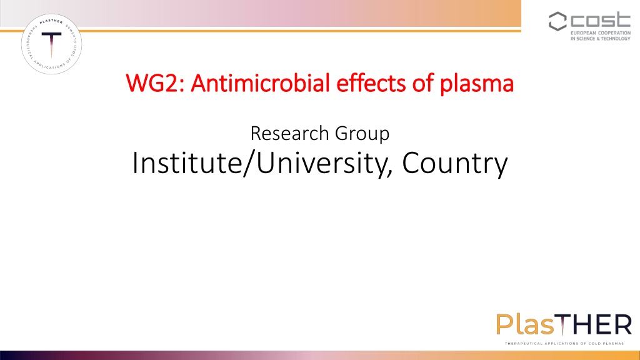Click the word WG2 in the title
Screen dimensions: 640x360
coord(155,83)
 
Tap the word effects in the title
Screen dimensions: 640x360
coord(371,83)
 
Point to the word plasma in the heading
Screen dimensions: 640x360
coord(476,84)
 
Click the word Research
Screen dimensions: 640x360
coord(290,134)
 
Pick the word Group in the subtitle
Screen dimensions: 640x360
coord(362,135)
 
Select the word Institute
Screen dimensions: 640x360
coord(187,163)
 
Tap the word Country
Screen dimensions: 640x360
coord(455,164)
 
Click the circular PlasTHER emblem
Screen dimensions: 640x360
coord(51,44)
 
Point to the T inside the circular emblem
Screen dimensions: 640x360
coord(51,44)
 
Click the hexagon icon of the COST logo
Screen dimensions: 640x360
coord(557,21)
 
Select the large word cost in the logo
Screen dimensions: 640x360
coord(601,19)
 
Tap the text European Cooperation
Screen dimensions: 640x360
coord(601,33)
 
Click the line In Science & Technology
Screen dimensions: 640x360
coord(601,39)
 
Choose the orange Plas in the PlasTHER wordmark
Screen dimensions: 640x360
coord(525,324)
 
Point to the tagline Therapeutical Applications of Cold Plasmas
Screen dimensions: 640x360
coord(564,344)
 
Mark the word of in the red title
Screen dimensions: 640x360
coord(422,83)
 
